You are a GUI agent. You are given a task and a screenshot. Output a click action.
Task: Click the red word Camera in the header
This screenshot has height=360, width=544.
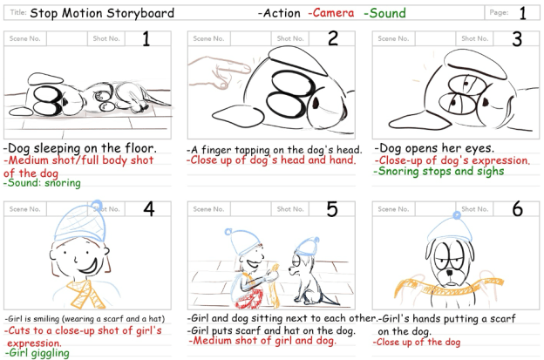[333, 13]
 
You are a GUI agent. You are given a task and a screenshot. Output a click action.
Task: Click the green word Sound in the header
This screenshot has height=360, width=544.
[388, 13]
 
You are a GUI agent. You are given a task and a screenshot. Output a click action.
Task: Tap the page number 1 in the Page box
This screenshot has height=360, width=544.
[522, 14]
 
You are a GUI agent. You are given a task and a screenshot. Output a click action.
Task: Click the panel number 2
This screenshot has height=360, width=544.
[333, 38]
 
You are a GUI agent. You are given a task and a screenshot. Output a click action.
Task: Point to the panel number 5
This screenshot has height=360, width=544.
[332, 209]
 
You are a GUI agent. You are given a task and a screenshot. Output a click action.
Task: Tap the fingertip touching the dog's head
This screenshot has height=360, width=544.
[246, 68]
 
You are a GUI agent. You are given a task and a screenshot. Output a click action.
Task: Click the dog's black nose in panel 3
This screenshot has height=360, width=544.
[485, 102]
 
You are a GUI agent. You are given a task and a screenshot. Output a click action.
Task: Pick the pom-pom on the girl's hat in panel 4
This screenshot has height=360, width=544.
[98, 204]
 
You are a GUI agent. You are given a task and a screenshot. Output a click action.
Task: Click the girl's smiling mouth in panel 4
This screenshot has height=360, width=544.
[88, 266]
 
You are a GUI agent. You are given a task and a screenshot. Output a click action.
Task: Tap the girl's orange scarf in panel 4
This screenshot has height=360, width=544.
[86, 294]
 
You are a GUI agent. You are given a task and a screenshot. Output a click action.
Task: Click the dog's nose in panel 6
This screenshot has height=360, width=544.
[450, 272]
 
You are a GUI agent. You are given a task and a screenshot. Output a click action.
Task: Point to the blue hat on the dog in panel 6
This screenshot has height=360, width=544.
[450, 229]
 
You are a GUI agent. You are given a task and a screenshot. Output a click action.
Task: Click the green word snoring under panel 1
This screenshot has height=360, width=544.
[63, 183]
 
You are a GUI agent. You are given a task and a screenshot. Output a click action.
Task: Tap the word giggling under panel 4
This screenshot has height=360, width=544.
[50, 353]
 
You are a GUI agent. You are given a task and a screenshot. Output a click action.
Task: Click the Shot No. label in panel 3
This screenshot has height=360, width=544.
[474, 38]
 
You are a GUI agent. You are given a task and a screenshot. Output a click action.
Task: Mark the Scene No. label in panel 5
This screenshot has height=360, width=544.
[208, 209]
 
